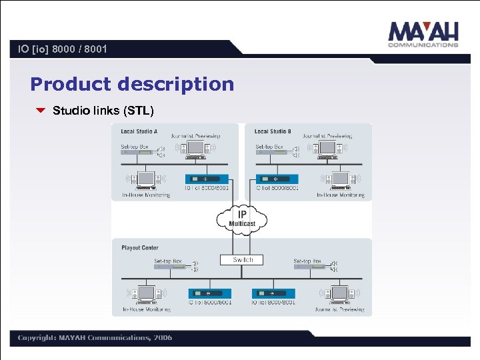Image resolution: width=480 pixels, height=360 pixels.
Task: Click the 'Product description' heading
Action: (132, 84)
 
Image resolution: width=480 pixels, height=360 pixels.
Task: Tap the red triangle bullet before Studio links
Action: (40, 110)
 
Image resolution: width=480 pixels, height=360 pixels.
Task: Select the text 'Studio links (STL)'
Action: (103, 110)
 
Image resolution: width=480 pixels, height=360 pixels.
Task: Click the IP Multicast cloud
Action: (242, 219)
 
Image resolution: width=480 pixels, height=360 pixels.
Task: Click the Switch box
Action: (242, 260)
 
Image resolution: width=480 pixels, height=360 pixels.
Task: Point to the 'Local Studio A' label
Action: (139, 131)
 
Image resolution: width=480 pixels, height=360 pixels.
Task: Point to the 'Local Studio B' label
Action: (273, 131)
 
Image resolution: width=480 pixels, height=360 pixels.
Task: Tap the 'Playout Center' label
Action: (140, 248)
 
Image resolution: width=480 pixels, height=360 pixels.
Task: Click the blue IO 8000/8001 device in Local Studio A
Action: (207, 179)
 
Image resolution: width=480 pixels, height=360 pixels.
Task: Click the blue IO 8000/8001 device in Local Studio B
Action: (277, 179)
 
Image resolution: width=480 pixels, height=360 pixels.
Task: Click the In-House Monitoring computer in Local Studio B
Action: (341, 180)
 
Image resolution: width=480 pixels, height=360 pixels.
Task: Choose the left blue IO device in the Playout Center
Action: (210, 293)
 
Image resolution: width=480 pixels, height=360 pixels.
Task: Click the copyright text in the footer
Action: (95, 337)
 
